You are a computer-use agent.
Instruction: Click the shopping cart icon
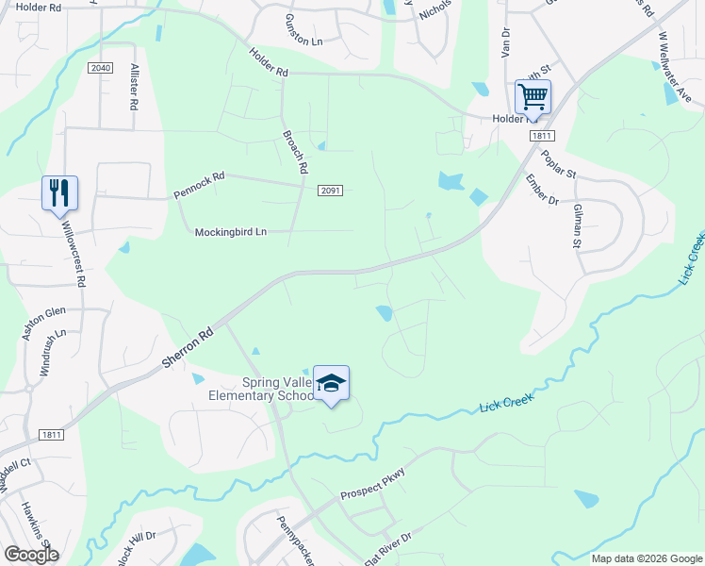[x=533, y=96]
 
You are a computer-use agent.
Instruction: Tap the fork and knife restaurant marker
[x=58, y=192]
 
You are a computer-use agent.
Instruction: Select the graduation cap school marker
[x=331, y=383]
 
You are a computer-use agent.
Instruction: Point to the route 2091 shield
[x=329, y=191]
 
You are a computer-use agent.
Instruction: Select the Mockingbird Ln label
[x=231, y=232]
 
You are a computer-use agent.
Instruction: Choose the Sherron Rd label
[x=188, y=347]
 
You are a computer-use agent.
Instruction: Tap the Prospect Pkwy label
[x=372, y=485]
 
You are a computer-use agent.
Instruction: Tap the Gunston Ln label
[x=304, y=42]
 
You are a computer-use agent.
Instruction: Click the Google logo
[x=31, y=555]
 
